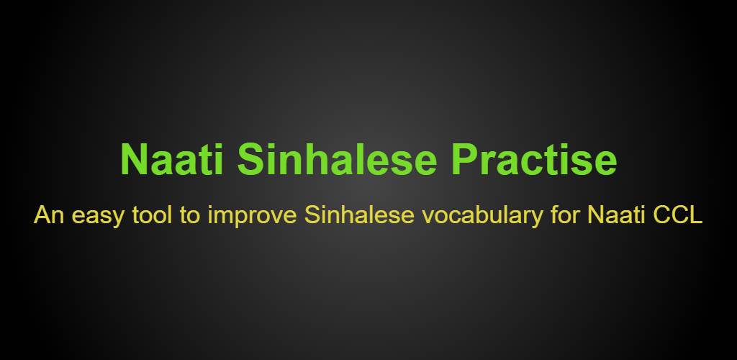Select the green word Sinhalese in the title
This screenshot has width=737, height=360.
pyautogui.click(x=338, y=160)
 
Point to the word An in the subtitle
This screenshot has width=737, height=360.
pyautogui.click(x=49, y=215)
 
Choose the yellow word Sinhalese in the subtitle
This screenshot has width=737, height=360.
pyautogui.click(x=359, y=215)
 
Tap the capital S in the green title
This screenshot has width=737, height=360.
pyautogui.click(x=252, y=160)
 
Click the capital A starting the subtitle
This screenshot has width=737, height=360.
pyautogui.click(x=42, y=215)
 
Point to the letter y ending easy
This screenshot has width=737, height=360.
pyautogui.click(x=119, y=220)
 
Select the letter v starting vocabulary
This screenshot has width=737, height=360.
pyautogui.click(x=428, y=217)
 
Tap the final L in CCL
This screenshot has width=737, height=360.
pyautogui.click(x=697, y=215)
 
